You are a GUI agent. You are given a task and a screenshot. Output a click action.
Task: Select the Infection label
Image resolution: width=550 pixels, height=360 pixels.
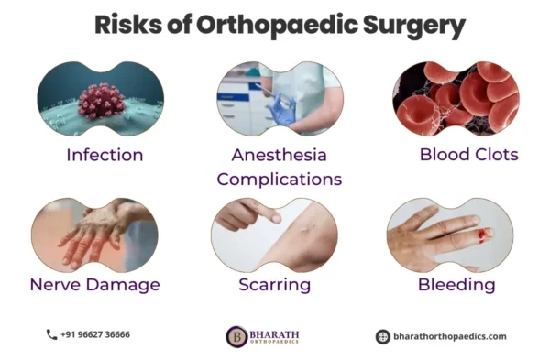tap(104, 155)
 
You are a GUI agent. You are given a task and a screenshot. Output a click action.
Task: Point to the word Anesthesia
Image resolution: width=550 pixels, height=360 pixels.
tap(280, 155)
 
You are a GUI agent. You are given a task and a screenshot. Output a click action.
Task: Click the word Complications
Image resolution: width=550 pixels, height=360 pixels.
tap(280, 179)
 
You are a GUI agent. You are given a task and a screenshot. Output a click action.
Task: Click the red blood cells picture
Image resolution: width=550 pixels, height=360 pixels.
tap(456, 99)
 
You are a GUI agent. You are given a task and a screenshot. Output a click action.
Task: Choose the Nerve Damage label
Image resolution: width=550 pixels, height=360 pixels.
tap(94, 285)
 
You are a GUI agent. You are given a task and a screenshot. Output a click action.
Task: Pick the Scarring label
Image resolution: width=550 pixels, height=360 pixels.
tap(274, 285)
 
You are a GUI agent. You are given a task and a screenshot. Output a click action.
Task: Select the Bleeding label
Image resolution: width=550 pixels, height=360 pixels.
tap(456, 285)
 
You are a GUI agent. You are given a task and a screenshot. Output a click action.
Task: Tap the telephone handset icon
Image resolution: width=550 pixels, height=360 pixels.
tap(51, 335)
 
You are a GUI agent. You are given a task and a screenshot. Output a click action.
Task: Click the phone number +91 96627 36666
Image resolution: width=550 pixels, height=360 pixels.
tap(95, 335)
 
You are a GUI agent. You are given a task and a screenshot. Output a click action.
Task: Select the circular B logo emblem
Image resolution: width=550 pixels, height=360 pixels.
tap(236, 336)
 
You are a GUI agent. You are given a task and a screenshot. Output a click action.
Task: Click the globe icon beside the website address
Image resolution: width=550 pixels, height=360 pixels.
tap(382, 336)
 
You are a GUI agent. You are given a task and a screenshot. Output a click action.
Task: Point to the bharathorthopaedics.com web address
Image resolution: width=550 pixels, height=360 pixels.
tap(448, 336)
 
